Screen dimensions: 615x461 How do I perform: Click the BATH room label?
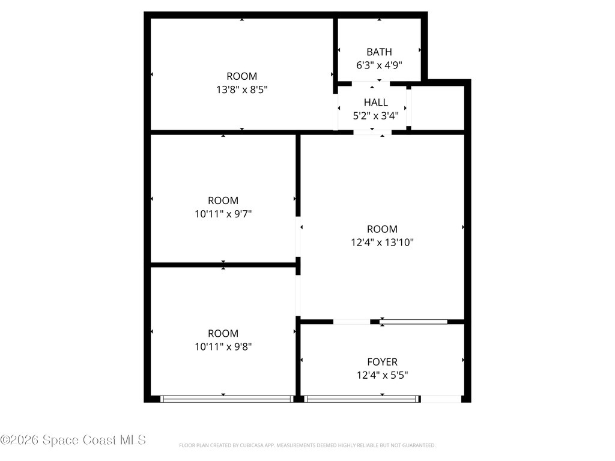(x=379, y=52)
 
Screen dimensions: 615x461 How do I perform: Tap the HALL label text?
(x=376, y=102)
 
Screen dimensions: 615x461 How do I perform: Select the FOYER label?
(x=382, y=361)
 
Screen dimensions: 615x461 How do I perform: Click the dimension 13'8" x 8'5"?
(x=241, y=89)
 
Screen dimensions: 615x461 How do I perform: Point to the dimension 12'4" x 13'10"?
(x=382, y=243)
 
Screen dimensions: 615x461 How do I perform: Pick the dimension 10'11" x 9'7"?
(x=223, y=214)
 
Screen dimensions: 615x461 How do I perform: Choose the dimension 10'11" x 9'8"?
(x=223, y=346)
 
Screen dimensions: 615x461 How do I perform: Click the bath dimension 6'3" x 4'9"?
(x=379, y=65)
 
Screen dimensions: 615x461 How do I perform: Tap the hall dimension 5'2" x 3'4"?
(x=376, y=116)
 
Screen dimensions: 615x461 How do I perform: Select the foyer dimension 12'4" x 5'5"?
(x=382, y=375)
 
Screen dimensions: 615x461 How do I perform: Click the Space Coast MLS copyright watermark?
(x=73, y=440)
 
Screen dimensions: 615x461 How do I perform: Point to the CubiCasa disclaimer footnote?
(x=307, y=445)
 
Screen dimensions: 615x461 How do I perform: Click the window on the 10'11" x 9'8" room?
(x=226, y=399)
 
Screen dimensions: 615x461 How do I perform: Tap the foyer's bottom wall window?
(x=361, y=399)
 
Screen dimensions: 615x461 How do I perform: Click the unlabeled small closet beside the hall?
(x=438, y=108)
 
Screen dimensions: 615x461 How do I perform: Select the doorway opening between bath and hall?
(x=371, y=83)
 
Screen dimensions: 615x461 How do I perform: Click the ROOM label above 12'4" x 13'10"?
(x=382, y=229)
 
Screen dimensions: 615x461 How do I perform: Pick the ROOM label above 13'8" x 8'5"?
(x=241, y=76)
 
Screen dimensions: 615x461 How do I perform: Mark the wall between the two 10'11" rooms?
(x=223, y=265)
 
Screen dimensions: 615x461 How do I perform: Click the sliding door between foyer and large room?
(x=413, y=322)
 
